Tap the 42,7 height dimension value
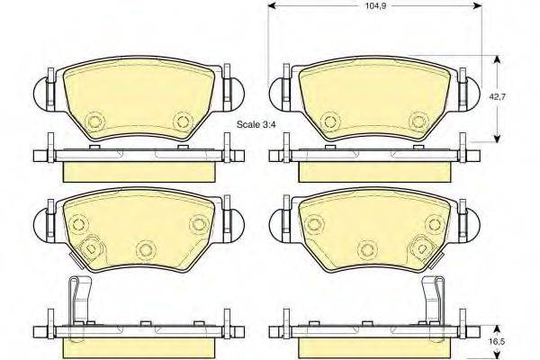[498, 97]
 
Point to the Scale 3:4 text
[256, 125]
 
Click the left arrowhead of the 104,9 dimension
[273, 5]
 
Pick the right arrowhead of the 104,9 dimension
[477, 5]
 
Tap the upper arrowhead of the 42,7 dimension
[497, 60]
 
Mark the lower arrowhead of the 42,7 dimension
[497, 138]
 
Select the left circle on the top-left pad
[94, 121]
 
